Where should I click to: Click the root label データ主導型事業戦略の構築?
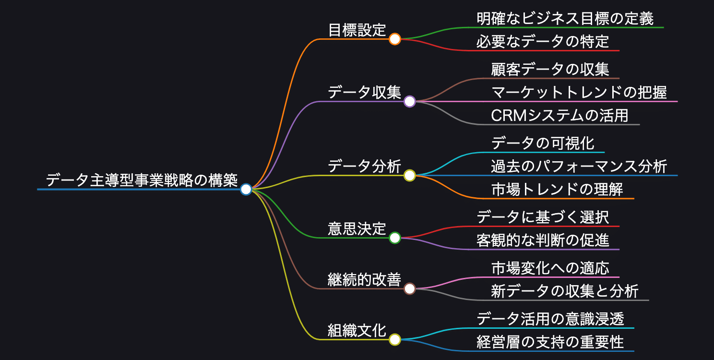[x=142, y=180]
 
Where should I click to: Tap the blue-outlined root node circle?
[x=246, y=190]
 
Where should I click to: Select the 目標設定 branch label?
[x=357, y=30]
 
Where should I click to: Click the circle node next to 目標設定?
[x=395, y=39]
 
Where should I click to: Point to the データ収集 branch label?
[x=364, y=92]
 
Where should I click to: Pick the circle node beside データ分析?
[x=409, y=176]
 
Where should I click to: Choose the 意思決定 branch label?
[x=357, y=228]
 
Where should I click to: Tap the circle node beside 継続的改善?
[x=409, y=288]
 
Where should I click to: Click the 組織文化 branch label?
[x=357, y=331]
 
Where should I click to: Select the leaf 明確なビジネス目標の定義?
[x=565, y=19]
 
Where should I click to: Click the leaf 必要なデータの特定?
[x=543, y=42]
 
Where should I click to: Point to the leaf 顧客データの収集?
[x=550, y=70]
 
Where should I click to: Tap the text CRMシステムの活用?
[x=559, y=116]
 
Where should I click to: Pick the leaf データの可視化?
[x=543, y=143]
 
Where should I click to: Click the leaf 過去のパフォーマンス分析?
[x=579, y=167]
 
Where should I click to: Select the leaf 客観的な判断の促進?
[x=543, y=240]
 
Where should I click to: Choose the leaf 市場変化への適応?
[x=550, y=268]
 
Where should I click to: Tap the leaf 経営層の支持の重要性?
[x=550, y=342]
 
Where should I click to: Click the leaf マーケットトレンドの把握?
[x=579, y=92]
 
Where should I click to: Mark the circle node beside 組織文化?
[x=395, y=340]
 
